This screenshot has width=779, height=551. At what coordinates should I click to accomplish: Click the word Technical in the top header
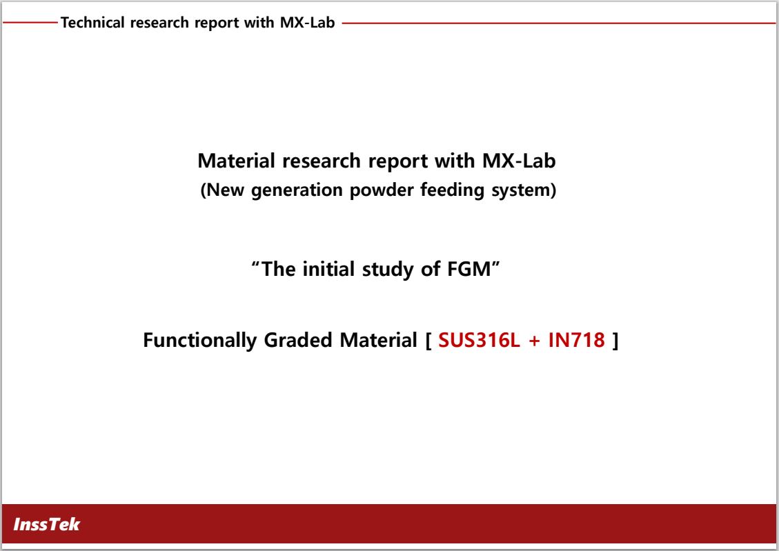click(92, 22)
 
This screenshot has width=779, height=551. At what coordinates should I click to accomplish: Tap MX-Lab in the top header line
click(308, 22)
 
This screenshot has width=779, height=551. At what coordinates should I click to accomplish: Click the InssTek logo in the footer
click(46, 524)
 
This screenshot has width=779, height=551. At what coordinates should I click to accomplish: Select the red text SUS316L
click(479, 340)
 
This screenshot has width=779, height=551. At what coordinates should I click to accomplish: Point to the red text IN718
click(576, 340)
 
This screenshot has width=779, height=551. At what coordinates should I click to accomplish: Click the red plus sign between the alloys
click(534, 341)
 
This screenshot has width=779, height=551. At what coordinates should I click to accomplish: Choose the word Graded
click(298, 340)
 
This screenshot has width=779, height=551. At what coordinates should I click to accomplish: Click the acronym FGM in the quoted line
click(469, 269)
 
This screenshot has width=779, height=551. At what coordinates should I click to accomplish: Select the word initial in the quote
click(328, 269)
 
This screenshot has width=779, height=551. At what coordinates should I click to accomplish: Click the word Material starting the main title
click(236, 161)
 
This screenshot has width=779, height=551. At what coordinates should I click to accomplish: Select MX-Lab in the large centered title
click(519, 161)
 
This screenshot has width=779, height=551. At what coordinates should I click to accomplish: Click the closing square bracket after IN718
click(615, 341)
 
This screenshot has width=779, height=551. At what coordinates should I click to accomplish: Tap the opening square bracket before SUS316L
click(428, 341)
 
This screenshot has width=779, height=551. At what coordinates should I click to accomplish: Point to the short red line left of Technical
click(30, 22)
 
